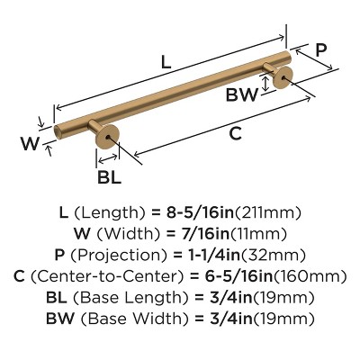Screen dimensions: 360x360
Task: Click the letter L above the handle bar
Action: [164, 62]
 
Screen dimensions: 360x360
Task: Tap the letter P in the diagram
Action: [321, 49]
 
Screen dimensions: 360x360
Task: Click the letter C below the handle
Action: [234, 134]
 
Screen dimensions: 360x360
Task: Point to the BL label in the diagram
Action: [109, 177]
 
